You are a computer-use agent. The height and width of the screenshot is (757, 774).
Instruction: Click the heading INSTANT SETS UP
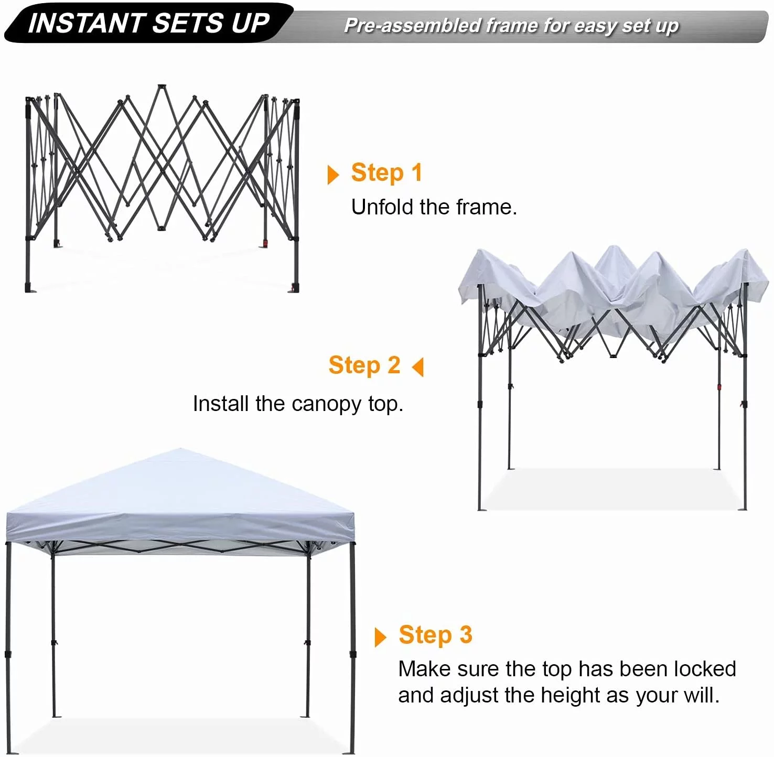(148, 23)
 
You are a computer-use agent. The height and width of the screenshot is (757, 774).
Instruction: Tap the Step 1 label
(386, 172)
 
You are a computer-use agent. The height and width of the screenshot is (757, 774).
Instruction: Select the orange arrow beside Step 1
(333, 175)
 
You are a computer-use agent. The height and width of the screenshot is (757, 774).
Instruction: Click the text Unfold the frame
(434, 207)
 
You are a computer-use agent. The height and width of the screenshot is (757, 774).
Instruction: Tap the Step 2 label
(364, 365)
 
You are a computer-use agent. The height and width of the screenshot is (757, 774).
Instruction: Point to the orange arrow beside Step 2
(418, 367)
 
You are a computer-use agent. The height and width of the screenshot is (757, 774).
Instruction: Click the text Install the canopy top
(298, 404)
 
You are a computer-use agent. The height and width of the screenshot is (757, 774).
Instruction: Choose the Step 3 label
(435, 634)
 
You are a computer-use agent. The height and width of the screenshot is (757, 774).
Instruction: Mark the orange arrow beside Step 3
(381, 637)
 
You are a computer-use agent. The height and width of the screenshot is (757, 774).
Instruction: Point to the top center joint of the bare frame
(162, 87)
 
